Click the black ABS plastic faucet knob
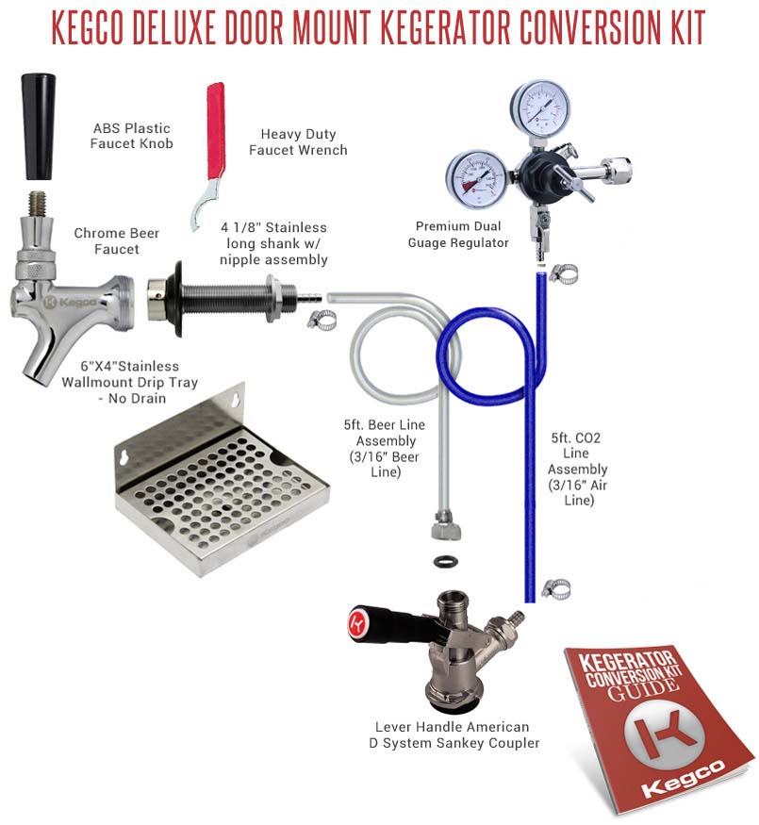(x=38, y=126)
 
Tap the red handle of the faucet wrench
(x=216, y=130)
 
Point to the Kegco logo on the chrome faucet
(x=70, y=302)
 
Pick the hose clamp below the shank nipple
(x=322, y=320)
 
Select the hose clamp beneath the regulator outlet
(x=563, y=273)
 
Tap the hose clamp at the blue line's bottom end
(x=556, y=588)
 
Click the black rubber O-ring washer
(x=446, y=561)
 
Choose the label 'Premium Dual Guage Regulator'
(x=458, y=235)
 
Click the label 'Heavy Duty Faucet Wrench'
(x=298, y=142)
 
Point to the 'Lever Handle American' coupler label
(x=452, y=727)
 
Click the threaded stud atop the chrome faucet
(x=37, y=204)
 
